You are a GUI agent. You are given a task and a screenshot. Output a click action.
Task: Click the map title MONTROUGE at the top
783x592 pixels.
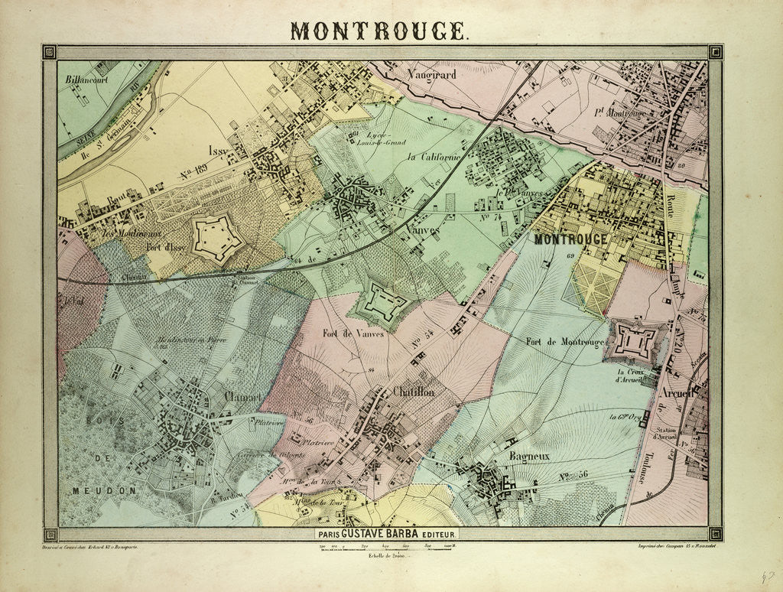click(x=379, y=30)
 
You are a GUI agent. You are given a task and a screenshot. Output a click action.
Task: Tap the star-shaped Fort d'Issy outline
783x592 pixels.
click(x=218, y=238)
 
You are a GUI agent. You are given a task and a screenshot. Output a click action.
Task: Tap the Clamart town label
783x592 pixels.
click(x=242, y=396)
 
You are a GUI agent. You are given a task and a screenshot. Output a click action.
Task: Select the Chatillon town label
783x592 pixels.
click(x=413, y=391)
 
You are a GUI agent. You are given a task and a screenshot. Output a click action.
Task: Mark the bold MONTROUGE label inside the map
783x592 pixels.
click(x=571, y=239)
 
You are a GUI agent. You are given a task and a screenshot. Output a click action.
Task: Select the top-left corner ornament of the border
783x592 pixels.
click(x=50, y=52)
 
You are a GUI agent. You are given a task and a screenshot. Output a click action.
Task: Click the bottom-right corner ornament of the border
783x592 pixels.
click(x=715, y=533)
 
